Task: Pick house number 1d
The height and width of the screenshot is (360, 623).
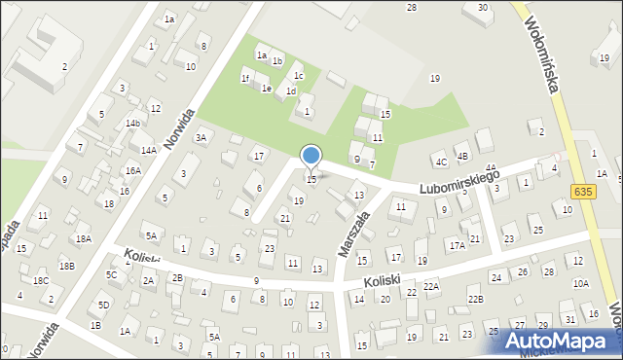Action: click(x=291, y=91)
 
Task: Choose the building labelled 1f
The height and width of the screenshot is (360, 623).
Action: click(x=245, y=78)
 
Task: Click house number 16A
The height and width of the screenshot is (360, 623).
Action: click(x=132, y=170)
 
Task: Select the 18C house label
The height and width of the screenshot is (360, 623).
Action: click(x=41, y=280)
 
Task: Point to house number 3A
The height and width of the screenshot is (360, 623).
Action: click(x=201, y=138)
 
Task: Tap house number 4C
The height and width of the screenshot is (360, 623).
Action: click(x=441, y=162)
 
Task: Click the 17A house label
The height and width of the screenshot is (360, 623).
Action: click(x=457, y=246)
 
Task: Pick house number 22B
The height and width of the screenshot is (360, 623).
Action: click(x=474, y=299)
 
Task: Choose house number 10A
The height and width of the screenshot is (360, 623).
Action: click(x=580, y=283)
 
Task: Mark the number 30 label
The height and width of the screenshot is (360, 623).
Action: click(x=482, y=8)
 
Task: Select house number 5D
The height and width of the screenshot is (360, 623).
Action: click(x=103, y=305)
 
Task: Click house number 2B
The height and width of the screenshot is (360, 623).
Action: click(x=177, y=277)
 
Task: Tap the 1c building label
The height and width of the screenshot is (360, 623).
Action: click(x=299, y=76)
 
